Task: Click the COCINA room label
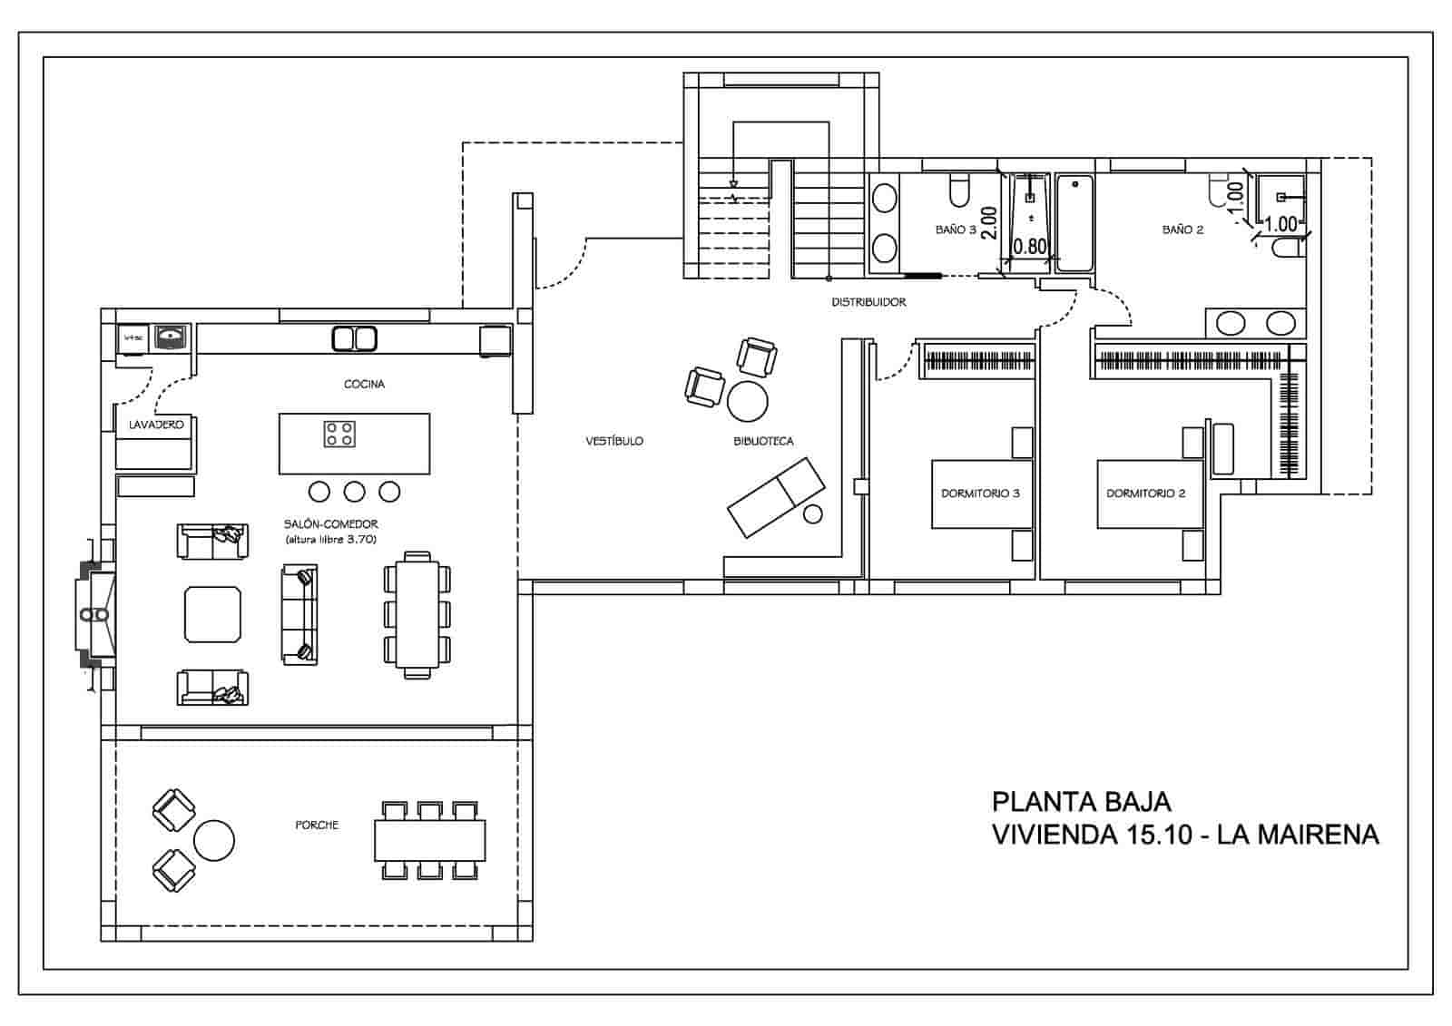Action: coord(364,384)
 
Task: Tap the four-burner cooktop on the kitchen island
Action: coord(339,434)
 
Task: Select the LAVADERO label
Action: coord(156,425)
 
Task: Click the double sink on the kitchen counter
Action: coord(354,338)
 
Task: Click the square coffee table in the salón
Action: coord(213,614)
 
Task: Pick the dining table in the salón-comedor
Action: coord(417,614)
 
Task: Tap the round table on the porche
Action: coord(214,840)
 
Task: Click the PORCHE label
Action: coord(317,825)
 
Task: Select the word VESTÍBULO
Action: coord(614,441)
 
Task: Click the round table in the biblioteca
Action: coord(748,400)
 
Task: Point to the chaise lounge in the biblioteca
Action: coord(776,497)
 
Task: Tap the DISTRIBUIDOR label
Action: coord(868,302)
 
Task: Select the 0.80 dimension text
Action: coord(1029,246)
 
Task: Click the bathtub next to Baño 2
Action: coord(1075,223)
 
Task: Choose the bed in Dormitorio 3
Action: coord(983,494)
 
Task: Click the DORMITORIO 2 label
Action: coord(1145,493)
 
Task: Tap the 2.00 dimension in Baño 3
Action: coord(989,222)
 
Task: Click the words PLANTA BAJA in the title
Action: coord(1081,802)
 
